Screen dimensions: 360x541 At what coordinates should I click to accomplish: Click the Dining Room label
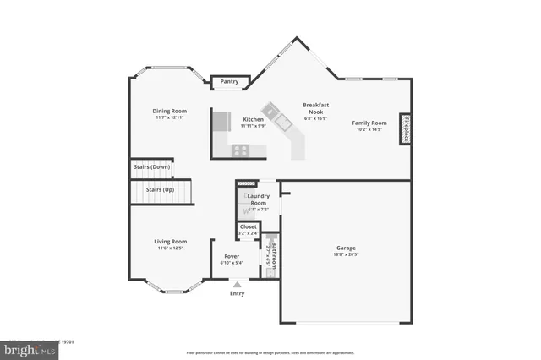(x=169, y=112)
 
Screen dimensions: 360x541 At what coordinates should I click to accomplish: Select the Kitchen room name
(x=253, y=119)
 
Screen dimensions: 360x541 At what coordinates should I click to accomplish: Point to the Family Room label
(x=369, y=123)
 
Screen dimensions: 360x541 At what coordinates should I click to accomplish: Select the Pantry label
(x=229, y=82)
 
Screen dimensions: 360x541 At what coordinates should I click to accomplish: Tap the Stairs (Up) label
(x=159, y=189)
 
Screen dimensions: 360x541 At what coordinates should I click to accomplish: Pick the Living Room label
(x=170, y=242)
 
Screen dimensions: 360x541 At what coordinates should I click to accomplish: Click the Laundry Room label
(x=258, y=199)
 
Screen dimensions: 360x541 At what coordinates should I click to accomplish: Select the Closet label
(x=249, y=226)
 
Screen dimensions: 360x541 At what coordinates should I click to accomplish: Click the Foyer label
(x=232, y=256)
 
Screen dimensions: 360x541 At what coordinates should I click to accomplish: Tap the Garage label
(x=347, y=248)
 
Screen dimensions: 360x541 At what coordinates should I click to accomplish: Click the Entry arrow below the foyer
(x=237, y=285)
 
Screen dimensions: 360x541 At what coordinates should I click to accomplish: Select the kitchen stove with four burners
(x=241, y=150)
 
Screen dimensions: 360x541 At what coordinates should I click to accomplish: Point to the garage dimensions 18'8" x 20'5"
(x=347, y=254)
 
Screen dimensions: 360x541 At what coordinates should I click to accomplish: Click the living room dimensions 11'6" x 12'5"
(x=170, y=248)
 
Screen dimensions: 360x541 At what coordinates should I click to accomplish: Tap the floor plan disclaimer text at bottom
(x=270, y=352)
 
